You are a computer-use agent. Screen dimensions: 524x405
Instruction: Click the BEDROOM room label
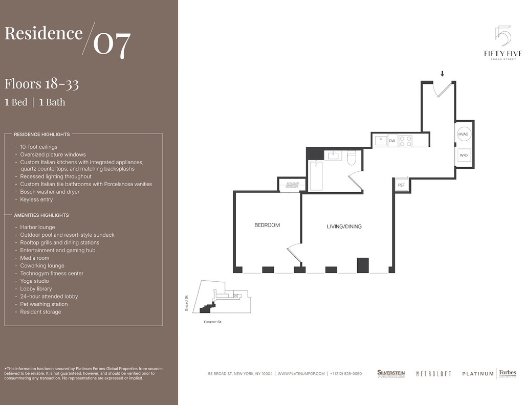267,225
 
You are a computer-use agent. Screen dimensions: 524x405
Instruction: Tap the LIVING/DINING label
344,227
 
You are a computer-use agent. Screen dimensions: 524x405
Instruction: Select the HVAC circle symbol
463,134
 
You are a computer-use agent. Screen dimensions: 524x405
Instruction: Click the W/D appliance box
464,155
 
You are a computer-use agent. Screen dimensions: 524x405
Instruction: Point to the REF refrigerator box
401,185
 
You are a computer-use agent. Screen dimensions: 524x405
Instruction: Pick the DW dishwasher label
392,141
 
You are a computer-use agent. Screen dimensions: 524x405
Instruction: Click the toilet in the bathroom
352,158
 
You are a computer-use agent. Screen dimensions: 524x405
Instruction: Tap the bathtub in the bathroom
316,175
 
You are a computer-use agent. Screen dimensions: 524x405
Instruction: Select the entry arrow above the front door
442,74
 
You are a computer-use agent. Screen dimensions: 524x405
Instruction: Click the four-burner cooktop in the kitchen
405,141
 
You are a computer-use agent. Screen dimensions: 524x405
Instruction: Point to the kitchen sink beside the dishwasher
381,141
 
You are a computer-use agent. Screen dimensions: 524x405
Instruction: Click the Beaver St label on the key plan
212,322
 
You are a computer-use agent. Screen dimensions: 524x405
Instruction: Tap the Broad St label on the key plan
186,303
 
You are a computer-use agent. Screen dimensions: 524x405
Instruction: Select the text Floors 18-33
42,84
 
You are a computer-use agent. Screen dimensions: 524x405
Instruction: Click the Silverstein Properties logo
391,374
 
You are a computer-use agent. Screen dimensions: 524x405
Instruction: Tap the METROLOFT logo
433,374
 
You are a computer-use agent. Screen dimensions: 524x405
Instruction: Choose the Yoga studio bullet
34,281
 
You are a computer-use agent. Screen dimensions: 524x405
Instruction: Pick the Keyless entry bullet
36,199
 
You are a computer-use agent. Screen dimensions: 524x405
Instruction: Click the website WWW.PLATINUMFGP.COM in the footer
301,374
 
